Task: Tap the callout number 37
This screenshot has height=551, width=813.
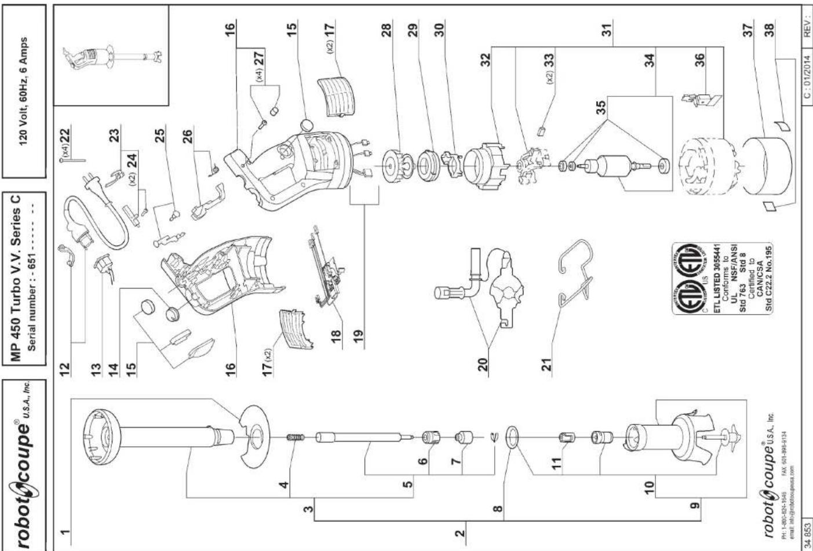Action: tap(750, 28)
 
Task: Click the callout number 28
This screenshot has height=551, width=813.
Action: tap(389, 28)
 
